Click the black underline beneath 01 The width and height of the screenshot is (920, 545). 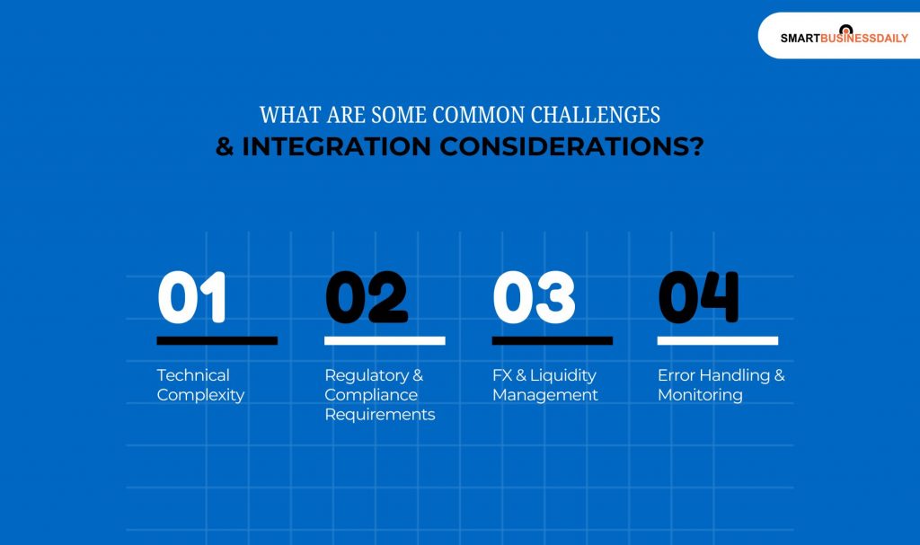[217, 341]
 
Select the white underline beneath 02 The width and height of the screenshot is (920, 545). [385, 341]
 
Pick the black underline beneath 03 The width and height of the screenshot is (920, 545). [552, 341]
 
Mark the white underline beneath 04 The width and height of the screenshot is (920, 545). [717, 341]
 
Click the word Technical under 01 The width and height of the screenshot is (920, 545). [193, 375]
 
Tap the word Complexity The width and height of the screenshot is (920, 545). [200, 395]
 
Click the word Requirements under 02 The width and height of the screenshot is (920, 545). [379, 415]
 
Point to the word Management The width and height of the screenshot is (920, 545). [544, 395]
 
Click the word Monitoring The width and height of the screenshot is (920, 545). [700, 395]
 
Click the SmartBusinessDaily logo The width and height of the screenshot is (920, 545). [844, 37]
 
